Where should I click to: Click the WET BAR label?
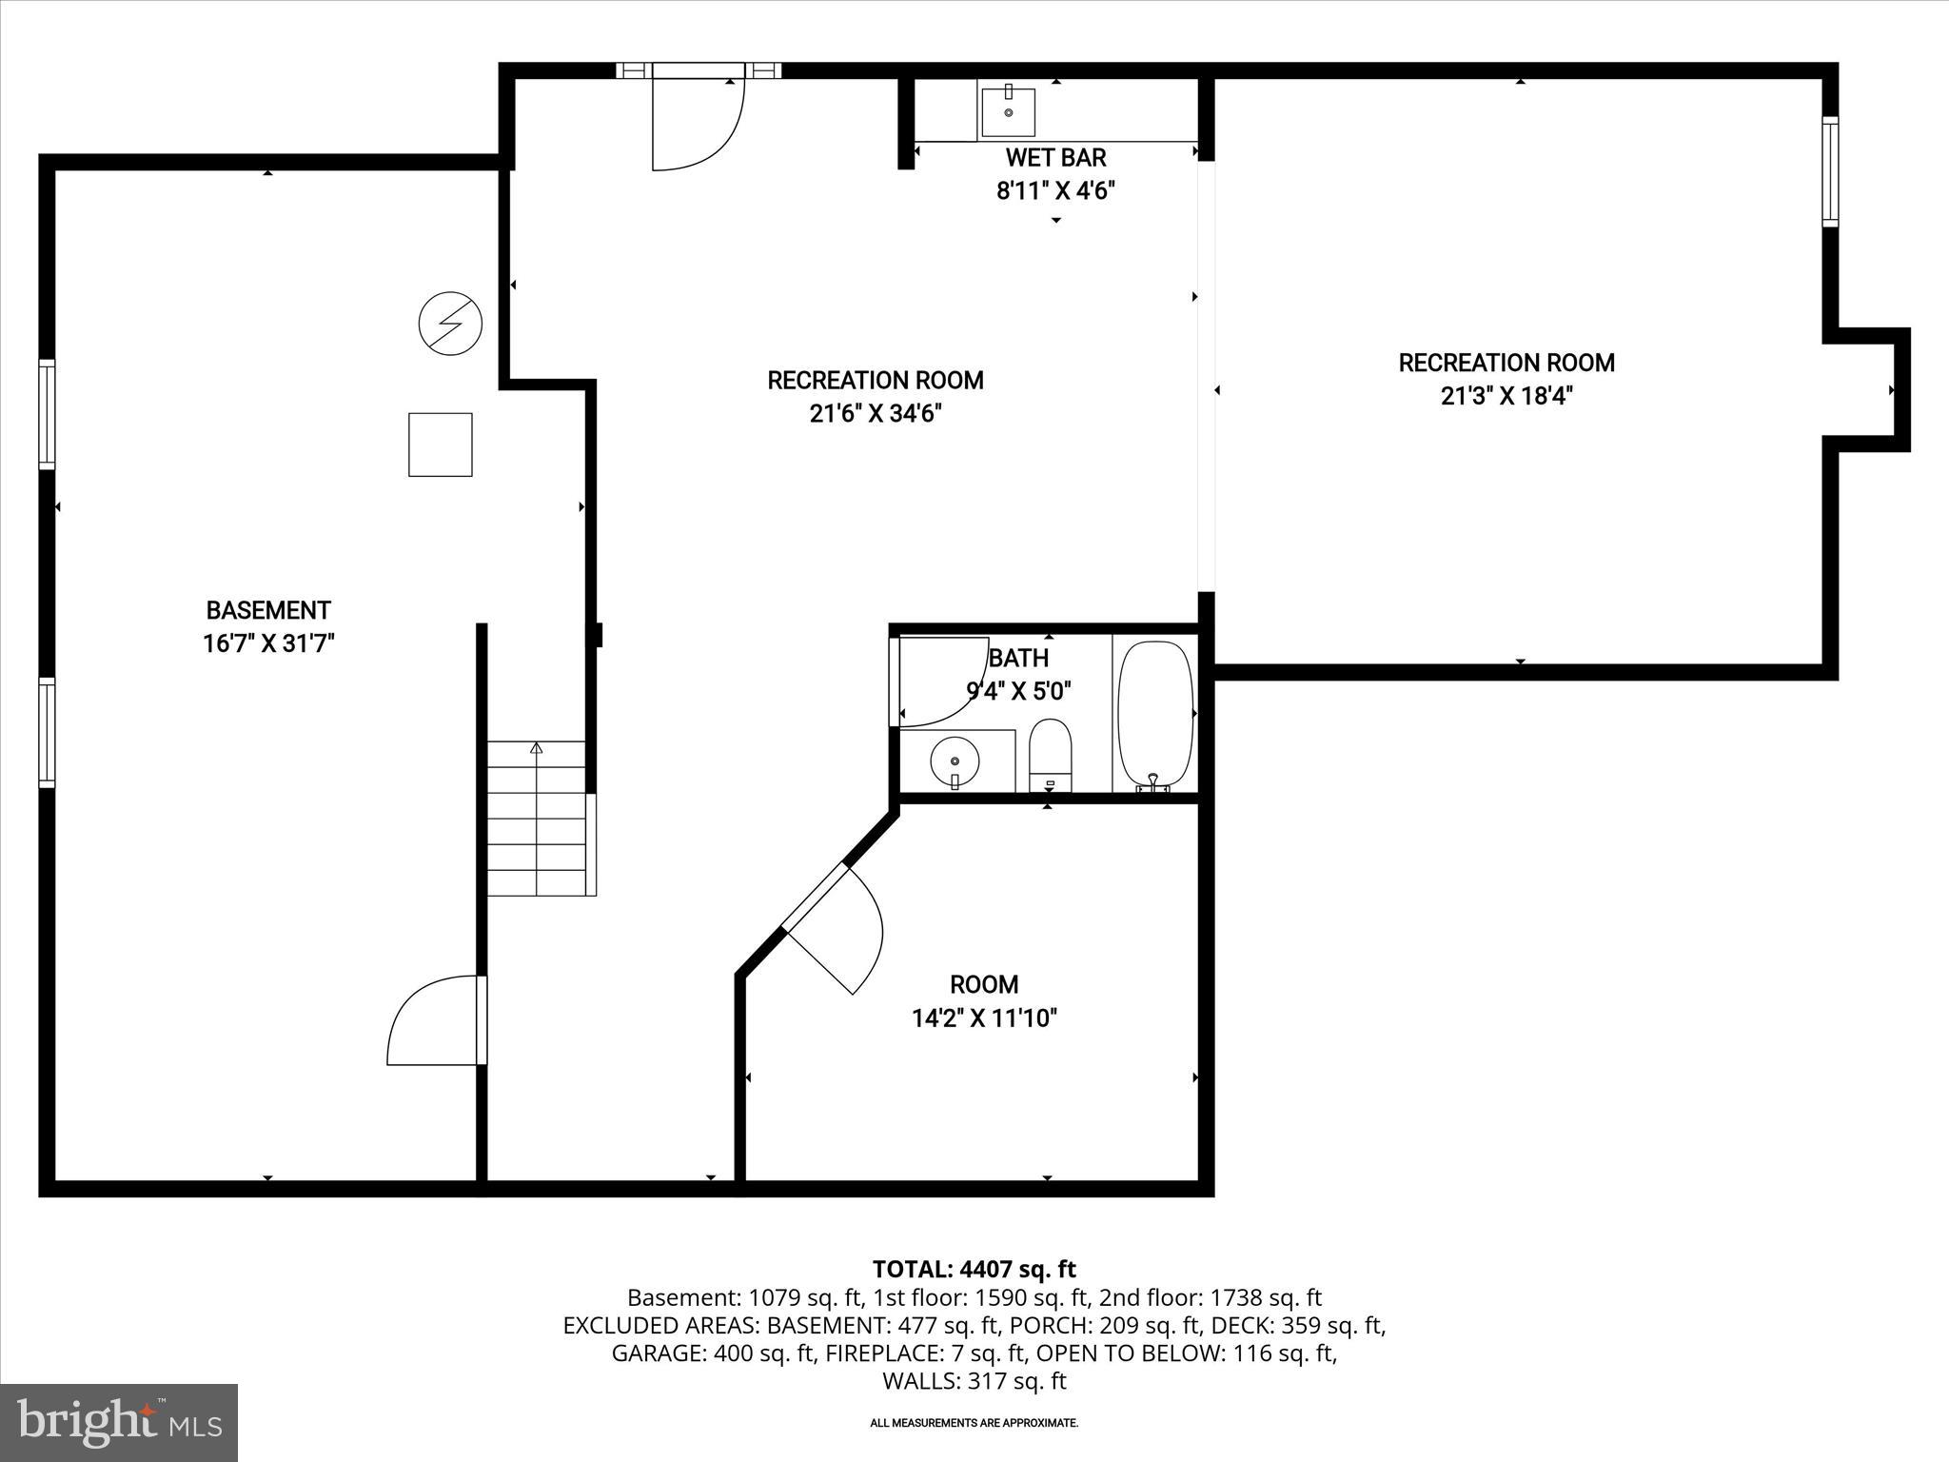coord(1055,157)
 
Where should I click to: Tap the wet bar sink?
coord(1008,111)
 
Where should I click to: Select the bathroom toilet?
coord(1051,757)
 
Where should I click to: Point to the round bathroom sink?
coord(955,761)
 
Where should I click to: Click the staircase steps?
coord(538,819)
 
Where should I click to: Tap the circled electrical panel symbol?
coord(450,324)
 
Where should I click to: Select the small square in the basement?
coord(441,445)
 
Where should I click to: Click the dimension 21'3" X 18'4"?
coord(1506,396)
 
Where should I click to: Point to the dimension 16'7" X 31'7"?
coord(268,644)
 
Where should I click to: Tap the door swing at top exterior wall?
coord(697,124)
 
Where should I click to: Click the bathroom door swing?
coord(937,681)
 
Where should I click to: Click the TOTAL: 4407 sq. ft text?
coord(974,1269)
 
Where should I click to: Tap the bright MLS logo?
coord(119,1423)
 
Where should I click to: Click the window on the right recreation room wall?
coord(1830,171)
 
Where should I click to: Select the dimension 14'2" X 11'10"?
coord(984,1018)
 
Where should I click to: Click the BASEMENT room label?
coord(268,610)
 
